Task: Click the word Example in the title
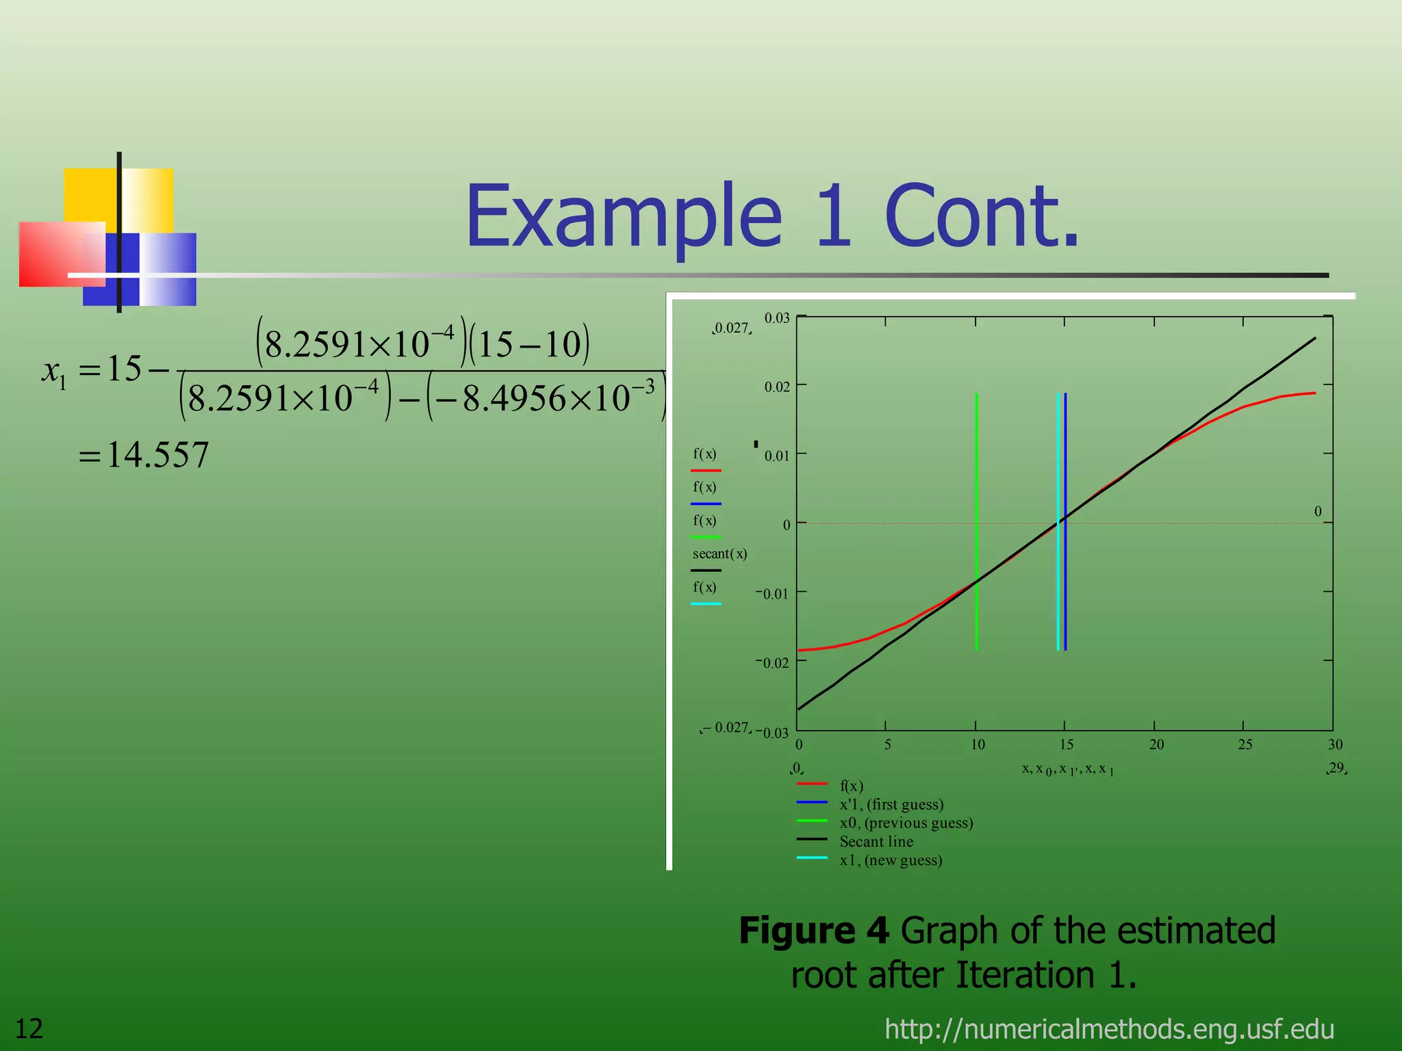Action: pyautogui.click(x=623, y=218)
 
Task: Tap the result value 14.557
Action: pyautogui.click(x=157, y=455)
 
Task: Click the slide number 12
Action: pyautogui.click(x=29, y=1028)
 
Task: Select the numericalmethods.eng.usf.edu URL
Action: pyautogui.click(x=1109, y=1028)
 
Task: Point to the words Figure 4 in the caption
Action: pyautogui.click(x=813, y=931)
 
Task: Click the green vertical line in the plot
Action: pyautogui.click(x=976, y=479)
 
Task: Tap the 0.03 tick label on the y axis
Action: pyautogui.click(x=777, y=318)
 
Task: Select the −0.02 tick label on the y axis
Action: pyautogui.click(x=772, y=662)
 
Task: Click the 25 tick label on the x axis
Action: pyautogui.click(x=1245, y=744)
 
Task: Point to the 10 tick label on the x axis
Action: pyautogui.click(x=978, y=744)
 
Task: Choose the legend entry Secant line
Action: pyautogui.click(x=876, y=842)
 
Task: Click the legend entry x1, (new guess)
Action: pyautogui.click(x=891, y=860)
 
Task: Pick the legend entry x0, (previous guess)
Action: pyautogui.click(x=906, y=823)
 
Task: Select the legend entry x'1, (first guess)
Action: pyautogui.click(x=891, y=805)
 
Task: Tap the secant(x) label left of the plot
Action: pyautogui.click(x=719, y=554)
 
